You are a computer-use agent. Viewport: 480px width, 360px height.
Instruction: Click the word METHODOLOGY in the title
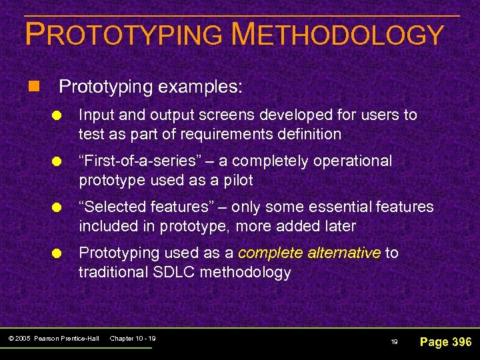[x=337, y=35]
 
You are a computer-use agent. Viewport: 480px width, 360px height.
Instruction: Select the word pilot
[x=237, y=180]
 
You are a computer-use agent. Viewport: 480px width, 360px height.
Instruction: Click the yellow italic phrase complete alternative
[x=309, y=253]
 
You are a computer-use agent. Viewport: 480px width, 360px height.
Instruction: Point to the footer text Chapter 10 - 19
[x=132, y=339]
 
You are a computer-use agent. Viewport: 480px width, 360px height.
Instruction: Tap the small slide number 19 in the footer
[x=394, y=342]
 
